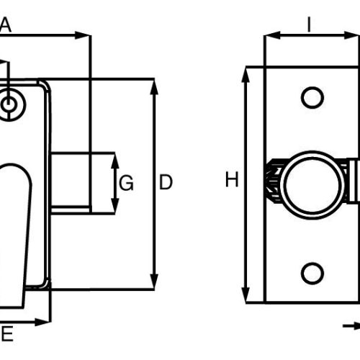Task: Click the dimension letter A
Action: (5, 25)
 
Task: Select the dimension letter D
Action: (166, 182)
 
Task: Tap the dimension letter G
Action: (126, 183)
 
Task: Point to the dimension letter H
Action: (232, 179)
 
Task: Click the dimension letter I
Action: (310, 24)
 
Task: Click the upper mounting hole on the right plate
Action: (312, 98)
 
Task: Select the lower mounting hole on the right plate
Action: (312, 274)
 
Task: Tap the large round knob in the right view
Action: (312, 185)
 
